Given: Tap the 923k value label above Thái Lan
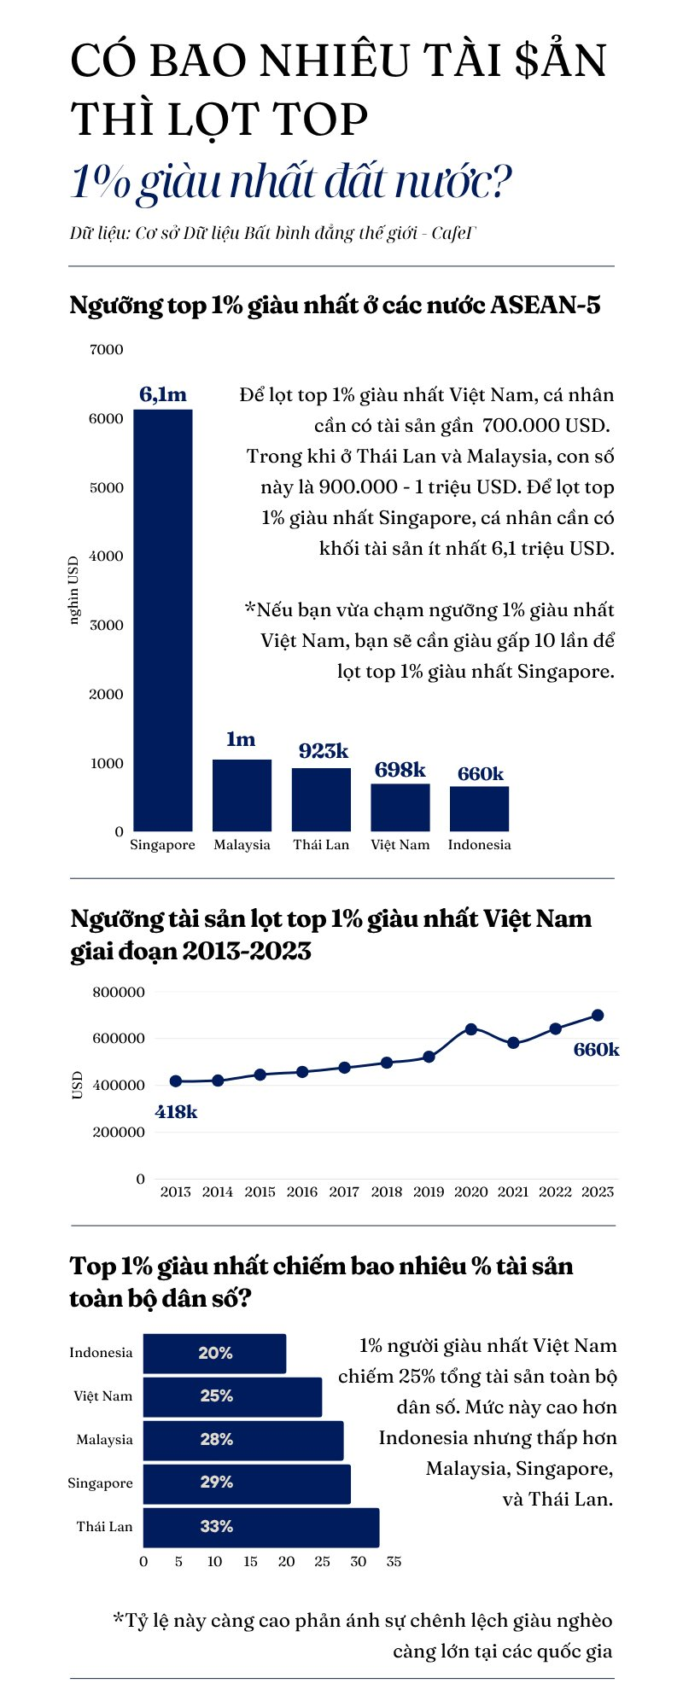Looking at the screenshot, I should [324, 751].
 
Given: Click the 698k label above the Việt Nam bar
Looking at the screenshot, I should [400, 770].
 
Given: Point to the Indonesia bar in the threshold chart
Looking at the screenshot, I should [479, 808].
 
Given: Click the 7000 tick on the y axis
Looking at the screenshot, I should [107, 349].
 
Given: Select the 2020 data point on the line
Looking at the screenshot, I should [470, 1029].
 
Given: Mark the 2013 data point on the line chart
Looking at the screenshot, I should [176, 1081].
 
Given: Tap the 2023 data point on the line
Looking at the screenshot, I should [598, 1016].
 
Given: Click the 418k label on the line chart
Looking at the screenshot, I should [177, 1112].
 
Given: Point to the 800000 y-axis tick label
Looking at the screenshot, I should [119, 992].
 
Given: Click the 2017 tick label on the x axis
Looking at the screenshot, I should [344, 1191].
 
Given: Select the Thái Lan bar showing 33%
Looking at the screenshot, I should [260, 1527].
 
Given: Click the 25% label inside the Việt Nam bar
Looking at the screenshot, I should [217, 1395].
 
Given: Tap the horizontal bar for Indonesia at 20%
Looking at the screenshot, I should [214, 1354].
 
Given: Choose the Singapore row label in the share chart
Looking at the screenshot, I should [101, 1483].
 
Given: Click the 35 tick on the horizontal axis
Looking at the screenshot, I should [394, 1562].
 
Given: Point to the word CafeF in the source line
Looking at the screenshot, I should [453, 233].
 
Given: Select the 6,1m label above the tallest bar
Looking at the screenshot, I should [162, 394].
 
